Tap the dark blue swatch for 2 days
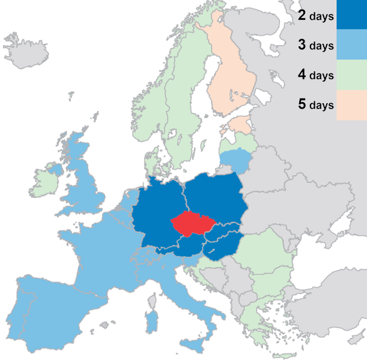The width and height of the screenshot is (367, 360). tap(351, 15)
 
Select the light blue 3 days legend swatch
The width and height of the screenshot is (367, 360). tap(351, 45)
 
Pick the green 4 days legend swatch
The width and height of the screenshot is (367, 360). tap(351, 75)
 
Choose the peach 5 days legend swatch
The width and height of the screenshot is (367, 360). tap(351, 105)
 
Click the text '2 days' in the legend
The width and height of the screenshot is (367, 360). tap(315, 16)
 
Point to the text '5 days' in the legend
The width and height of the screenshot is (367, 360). tap(315, 105)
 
